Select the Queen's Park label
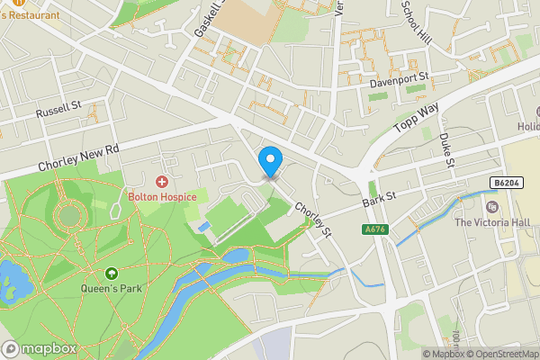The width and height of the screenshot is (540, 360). point(112,289)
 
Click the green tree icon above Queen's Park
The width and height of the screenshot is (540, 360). point(112,274)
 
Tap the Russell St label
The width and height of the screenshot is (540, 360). point(58,112)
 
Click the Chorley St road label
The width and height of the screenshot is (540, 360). point(316,217)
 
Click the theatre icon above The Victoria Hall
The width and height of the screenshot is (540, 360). point(491,207)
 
